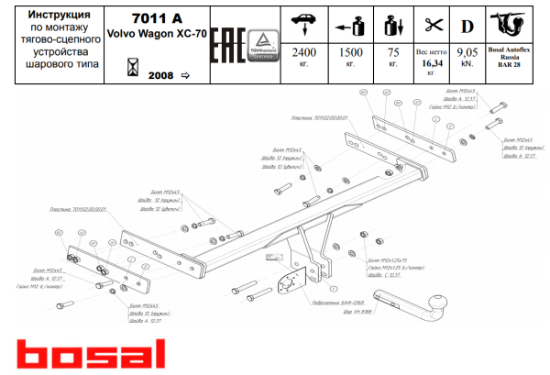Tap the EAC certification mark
(224, 45)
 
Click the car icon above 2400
(302, 20)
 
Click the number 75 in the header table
(393, 53)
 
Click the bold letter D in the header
(467, 21)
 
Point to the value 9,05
(467, 53)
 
